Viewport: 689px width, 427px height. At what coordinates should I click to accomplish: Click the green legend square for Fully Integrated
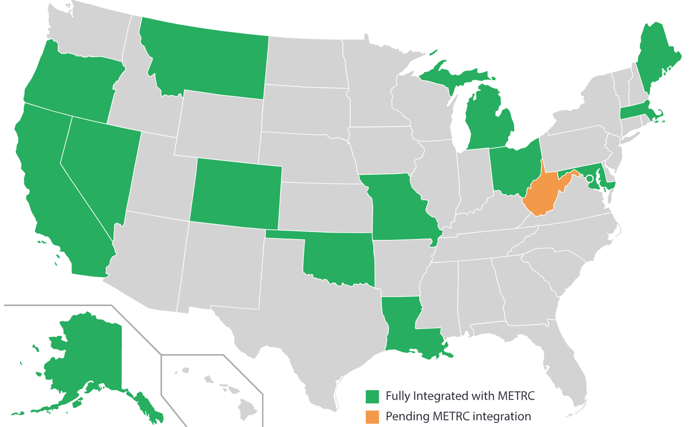tap(372, 396)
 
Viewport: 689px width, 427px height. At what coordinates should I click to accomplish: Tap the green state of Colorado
tap(236, 193)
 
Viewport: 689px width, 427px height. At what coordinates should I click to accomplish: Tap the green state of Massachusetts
tap(635, 113)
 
